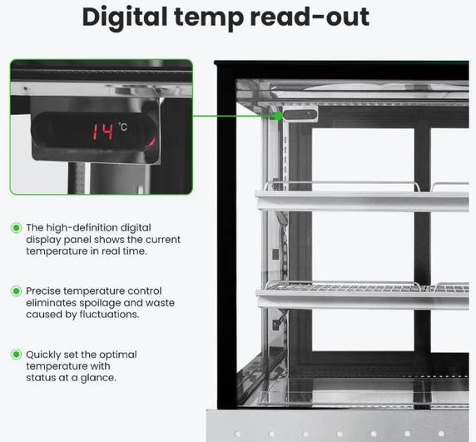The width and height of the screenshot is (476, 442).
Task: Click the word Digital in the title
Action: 125,17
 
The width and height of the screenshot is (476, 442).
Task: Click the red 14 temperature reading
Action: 103,132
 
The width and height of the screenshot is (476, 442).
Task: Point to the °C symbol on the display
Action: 123,127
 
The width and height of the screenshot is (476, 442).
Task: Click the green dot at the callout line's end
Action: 278,116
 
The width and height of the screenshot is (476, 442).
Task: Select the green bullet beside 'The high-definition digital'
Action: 16,228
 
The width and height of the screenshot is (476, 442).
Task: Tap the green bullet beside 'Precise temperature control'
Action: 16,291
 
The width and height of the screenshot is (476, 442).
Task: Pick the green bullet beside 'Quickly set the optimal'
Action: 16,355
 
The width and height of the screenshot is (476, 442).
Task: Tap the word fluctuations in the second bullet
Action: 109,314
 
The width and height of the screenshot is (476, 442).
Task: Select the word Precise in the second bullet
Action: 43,291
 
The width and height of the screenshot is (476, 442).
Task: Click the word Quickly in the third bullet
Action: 43,355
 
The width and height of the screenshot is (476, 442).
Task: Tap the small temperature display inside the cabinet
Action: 300,115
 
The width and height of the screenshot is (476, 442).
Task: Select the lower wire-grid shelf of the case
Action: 362,295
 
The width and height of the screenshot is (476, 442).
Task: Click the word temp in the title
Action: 209,18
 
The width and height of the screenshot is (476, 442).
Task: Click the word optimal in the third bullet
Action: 118,355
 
